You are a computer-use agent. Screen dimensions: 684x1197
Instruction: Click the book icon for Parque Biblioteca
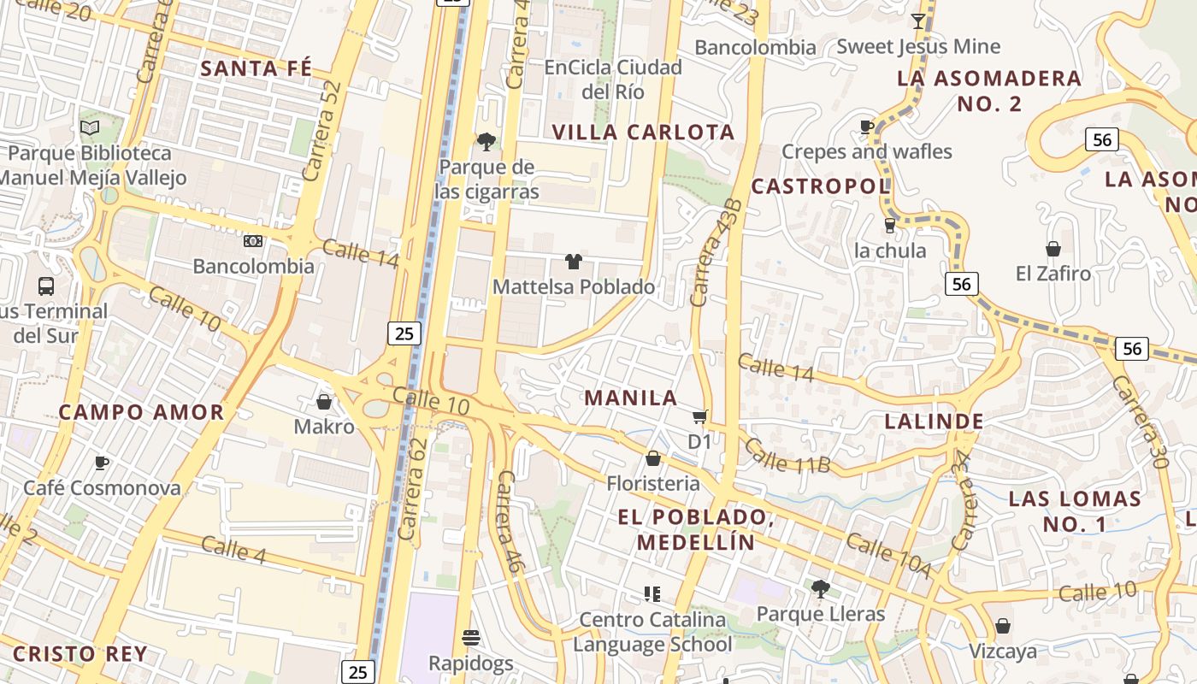(90, 128)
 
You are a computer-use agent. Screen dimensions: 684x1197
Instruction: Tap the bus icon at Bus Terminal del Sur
(46, 286)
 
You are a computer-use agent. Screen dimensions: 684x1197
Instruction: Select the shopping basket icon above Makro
(324, 401)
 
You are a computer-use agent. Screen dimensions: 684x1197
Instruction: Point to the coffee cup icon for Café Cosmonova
(102, 463)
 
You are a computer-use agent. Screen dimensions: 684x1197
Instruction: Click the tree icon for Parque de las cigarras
(486, 141)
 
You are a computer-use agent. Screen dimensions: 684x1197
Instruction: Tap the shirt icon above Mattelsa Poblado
(573, 262)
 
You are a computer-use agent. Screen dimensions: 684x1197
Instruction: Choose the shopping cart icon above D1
(699, 416)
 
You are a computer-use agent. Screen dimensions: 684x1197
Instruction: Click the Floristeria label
(653, 484)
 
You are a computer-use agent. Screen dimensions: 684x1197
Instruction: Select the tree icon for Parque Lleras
(820, 588)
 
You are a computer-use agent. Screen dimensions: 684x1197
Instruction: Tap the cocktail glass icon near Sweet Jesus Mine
(918, 21)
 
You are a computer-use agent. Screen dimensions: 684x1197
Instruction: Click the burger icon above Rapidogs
(470, 638)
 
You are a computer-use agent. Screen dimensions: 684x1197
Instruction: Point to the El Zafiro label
(1053, 274)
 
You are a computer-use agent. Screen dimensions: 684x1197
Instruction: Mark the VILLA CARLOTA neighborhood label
(643, 133)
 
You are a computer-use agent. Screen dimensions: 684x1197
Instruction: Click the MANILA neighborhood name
(631, 398)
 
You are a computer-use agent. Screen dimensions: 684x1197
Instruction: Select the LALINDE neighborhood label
(934, 421)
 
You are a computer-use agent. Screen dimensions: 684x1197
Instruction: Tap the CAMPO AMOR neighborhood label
(141, 412)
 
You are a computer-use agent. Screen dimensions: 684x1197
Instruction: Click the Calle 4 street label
(234, 549)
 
